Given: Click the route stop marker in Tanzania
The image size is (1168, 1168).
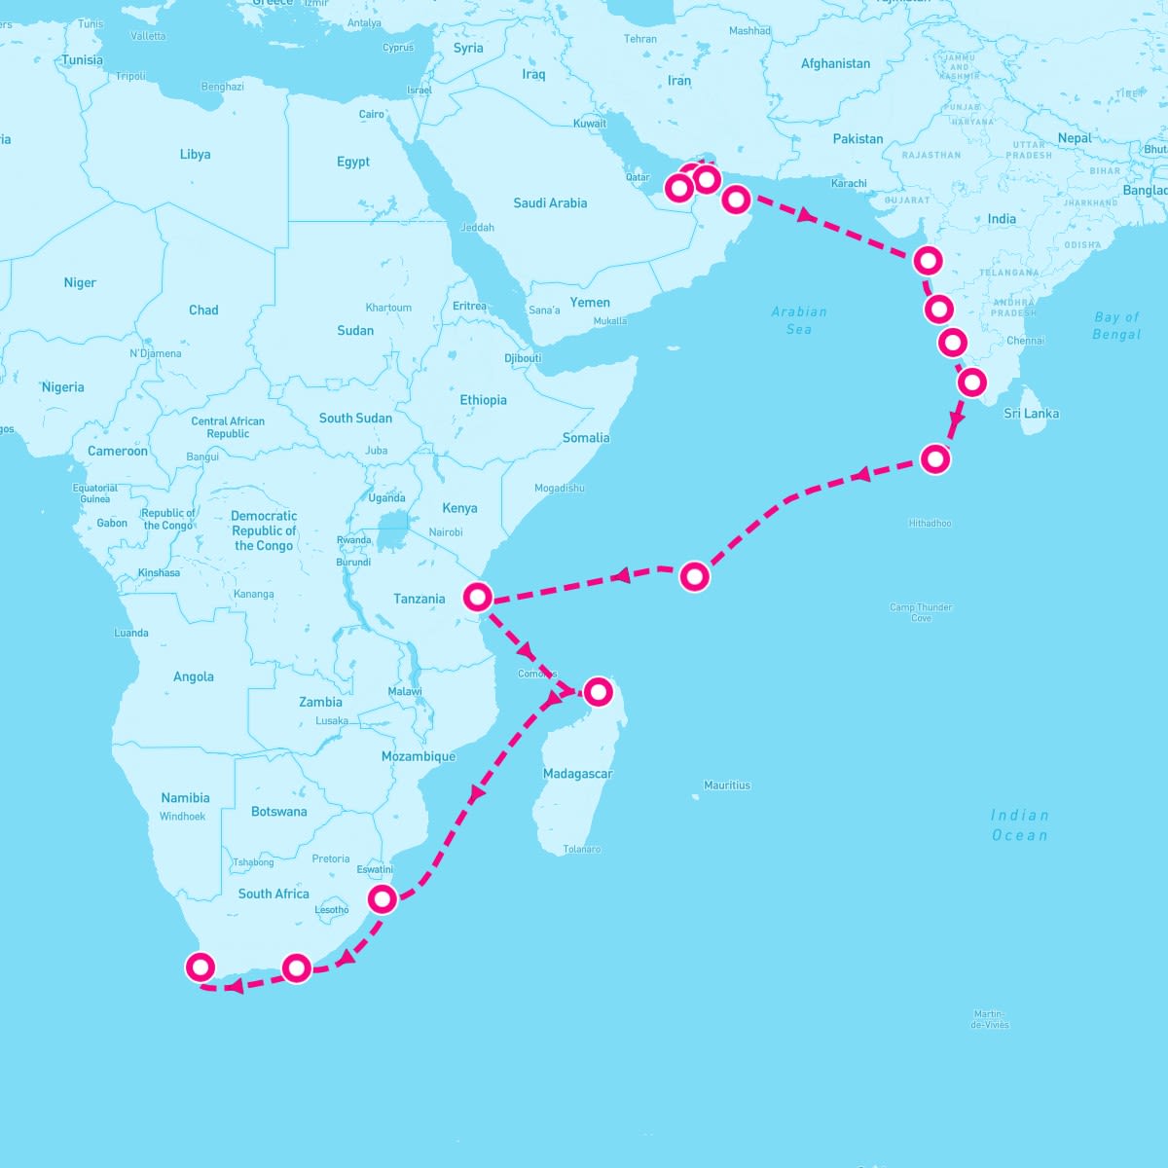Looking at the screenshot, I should coord(477,596).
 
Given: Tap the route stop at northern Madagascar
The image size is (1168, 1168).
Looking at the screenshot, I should coord(598,691).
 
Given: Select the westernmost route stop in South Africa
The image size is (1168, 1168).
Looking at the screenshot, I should coord(200,967).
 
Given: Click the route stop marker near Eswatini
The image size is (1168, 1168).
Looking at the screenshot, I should coord(383,897).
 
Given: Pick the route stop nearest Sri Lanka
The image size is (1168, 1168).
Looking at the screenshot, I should coord(971,383).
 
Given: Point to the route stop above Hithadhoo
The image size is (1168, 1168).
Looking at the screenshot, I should coord(934,458).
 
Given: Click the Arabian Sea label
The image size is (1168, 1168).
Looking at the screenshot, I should coord(799,320).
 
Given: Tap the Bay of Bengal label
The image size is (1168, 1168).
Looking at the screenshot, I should coord(1116,325).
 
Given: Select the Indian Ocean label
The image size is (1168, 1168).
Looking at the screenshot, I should coord(1020,824).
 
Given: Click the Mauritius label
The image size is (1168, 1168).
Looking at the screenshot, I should coord(727,785).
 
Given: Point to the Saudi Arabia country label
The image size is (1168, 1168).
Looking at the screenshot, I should coord(550,202).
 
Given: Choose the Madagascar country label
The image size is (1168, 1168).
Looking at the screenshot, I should coord(577,774).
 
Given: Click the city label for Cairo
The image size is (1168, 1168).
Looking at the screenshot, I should coord(371,114).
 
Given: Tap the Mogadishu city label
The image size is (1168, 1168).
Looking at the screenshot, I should coord(560,488).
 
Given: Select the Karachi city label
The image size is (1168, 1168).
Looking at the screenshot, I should coord(849,183).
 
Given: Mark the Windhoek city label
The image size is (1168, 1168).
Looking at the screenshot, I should coord(182,817).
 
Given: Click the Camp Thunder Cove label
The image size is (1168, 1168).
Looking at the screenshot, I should coord(921,612).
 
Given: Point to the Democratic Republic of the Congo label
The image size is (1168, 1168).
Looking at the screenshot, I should coord(264,530).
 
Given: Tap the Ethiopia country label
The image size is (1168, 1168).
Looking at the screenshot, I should coord(483,400).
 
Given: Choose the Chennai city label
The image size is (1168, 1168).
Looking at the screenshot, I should coord(1026,341).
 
